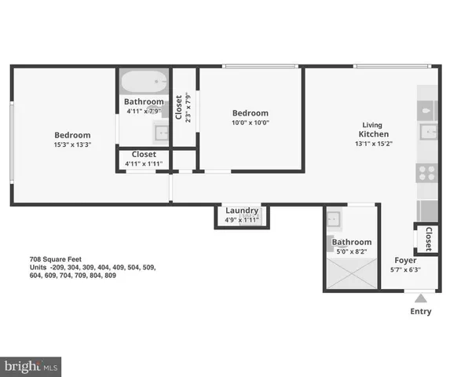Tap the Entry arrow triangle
(421, 298)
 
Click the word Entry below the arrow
(421, 312)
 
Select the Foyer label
(405, 260)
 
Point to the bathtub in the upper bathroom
(144, 82)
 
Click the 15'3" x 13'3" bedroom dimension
(72, 145)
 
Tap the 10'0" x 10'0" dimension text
(250, 123)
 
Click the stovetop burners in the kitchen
(427, 173)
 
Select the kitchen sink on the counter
(428, 130)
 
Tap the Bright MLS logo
(31, 365)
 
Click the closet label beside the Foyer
(428, 238)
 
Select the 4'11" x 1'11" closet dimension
(143, 164)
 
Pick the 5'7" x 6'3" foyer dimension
(405, 270)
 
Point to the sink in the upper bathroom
(161, 132)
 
